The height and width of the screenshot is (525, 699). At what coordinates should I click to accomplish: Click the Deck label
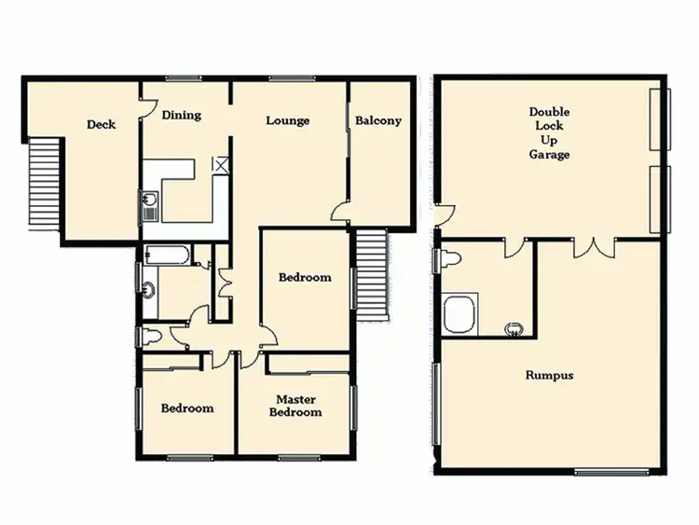101,124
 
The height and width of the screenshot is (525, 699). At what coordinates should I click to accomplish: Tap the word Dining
181,116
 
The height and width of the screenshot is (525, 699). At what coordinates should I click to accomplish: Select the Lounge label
287,120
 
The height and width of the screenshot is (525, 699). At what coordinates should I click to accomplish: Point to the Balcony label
377,120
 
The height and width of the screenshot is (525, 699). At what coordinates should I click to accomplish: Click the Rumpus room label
549,376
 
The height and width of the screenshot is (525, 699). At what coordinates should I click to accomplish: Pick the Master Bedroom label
297,406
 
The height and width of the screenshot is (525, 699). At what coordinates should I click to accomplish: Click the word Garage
549,155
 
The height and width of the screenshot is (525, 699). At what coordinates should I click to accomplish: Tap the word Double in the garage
549,111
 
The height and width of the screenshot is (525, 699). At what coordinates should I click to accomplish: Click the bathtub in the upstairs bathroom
169,253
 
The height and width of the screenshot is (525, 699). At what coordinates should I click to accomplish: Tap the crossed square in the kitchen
221,165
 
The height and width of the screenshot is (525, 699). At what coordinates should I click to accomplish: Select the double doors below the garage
595,248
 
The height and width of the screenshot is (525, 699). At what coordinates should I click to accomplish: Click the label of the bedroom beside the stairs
305,277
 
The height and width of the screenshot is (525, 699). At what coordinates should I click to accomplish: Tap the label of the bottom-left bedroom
186,408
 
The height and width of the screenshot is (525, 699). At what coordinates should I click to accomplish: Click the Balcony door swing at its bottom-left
341,213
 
